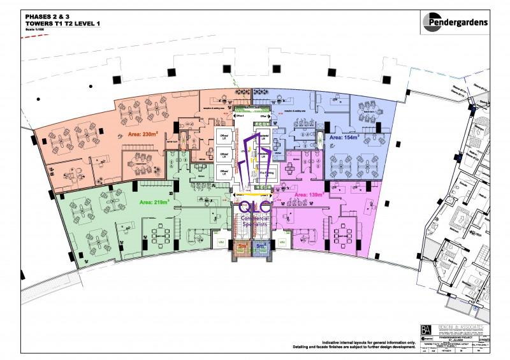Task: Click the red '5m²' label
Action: (x=242, y=244)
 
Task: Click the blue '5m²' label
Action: (x=260, y=244)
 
